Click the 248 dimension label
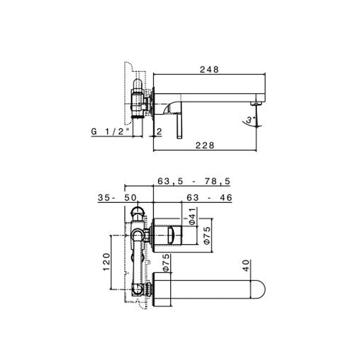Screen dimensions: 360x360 pos(209,69)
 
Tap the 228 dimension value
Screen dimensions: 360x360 pos(205,145)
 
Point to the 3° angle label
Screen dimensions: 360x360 pos(251,120)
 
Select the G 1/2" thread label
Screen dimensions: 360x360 pos(110,131)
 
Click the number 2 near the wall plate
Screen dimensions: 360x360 pos(159,131)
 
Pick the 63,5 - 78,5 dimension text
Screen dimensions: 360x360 pos(194,181)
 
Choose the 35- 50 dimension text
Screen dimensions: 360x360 pos(117,198)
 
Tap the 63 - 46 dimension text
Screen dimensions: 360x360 pos(209,198)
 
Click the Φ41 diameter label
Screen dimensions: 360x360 pos(192,216)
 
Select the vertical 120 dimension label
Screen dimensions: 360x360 pos(106,262)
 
